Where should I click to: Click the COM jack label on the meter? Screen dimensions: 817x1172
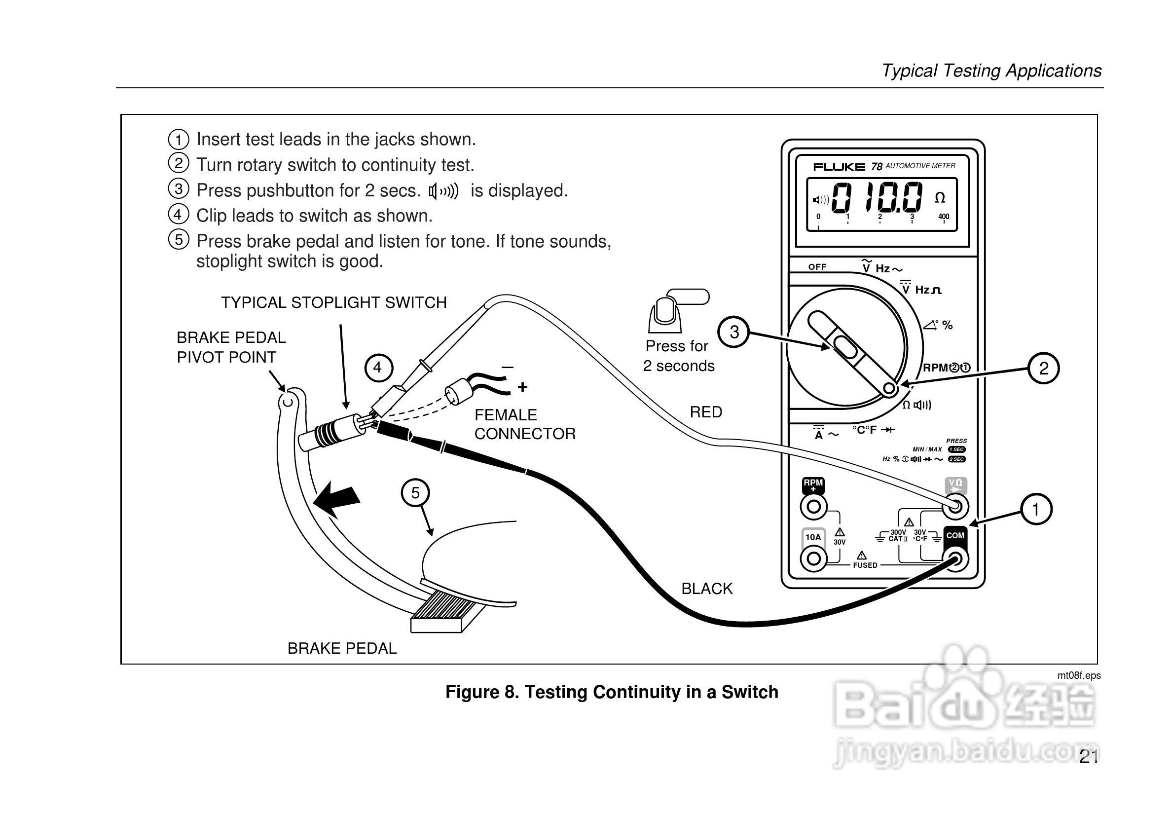[955, 535]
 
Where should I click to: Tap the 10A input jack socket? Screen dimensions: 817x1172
[814, 558]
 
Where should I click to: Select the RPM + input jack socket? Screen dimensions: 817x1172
[814, 507]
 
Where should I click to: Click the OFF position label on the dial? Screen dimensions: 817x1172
[817, 266]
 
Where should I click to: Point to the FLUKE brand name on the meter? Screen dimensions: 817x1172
[839, 167]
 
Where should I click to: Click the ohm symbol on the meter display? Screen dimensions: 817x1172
[940, 198]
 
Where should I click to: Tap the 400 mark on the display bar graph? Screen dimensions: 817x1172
[943, 217]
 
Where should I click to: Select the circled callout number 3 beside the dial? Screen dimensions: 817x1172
[734, 332]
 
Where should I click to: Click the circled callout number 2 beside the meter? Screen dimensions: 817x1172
[1043, 368]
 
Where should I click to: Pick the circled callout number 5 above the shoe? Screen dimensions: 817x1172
[415, 493]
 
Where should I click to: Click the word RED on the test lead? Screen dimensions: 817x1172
[706, 412]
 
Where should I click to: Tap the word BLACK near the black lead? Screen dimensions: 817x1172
[707, 589]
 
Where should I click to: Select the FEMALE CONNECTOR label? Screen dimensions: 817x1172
[524, 424]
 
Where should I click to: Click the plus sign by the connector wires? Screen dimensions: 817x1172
[522, 387]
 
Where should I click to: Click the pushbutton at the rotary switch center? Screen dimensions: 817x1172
[846, 350]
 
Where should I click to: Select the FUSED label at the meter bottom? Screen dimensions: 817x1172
[865, 565]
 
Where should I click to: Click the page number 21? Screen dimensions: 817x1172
[1088, 757]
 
